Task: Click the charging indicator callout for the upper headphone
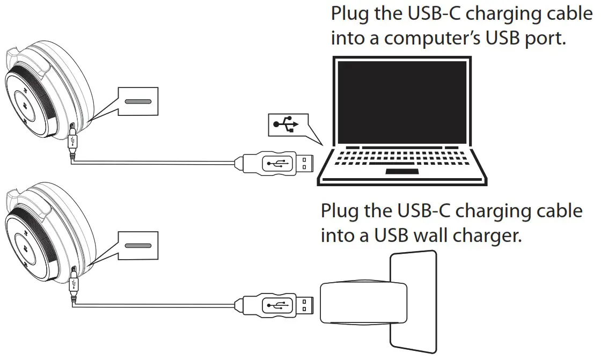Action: tap(138, 101)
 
